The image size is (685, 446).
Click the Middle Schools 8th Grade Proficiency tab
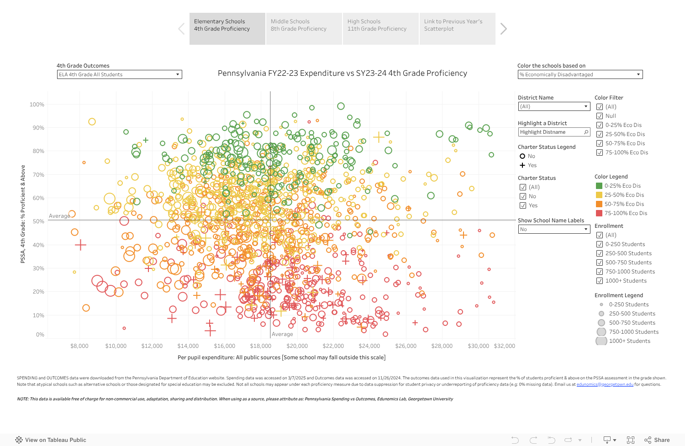304,28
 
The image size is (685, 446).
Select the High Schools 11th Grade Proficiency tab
380,28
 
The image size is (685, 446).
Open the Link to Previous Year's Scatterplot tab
457,28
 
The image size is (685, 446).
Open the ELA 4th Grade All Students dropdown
120,74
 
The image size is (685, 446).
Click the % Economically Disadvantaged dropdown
580,74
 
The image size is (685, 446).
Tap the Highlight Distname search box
554,132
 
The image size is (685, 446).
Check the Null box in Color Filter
600,116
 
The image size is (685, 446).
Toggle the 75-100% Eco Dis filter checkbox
600,152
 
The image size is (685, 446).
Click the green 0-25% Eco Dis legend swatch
599,186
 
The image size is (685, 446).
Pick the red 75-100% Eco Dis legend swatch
599,213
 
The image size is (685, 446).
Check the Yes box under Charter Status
523,205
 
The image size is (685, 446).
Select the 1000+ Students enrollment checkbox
600,281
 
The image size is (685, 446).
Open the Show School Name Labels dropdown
554,229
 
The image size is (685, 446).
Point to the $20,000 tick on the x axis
297,346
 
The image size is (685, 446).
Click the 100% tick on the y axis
37,105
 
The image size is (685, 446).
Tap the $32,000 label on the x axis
504,346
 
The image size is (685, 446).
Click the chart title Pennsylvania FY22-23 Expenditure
342,73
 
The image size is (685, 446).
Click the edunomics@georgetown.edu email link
605,384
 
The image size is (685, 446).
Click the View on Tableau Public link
55,440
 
